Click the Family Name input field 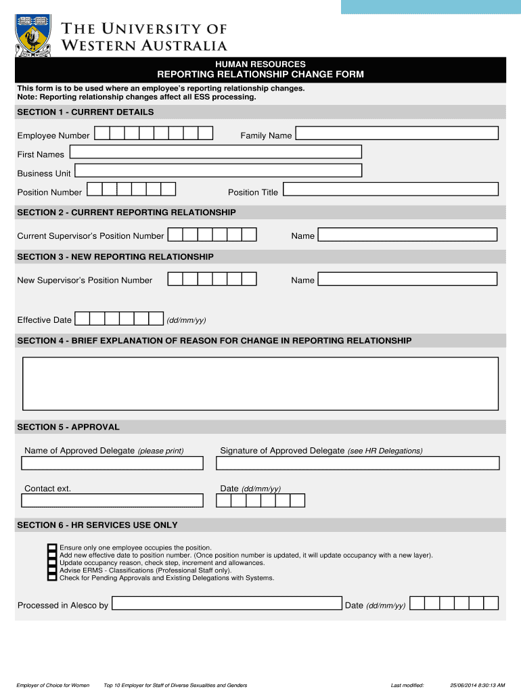click(x=397, y=133)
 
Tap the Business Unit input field click(x=218, y=171)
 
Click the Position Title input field click(x=390, y=189)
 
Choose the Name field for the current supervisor click(x=407, y=234)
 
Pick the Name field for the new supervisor click(x=407, y=279)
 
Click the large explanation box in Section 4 click(x=260, y=383)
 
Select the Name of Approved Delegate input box click(x=112, y=464)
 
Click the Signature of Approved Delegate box click(x=357, y=464)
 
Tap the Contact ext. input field click(x=112, y=501)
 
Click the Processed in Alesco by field click(x=226, y=603)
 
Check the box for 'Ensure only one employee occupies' click(x=52, y=547)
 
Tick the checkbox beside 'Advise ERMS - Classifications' click(x=52, y=570)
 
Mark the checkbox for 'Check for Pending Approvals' click(x=52, y=578)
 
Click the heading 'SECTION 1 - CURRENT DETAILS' click(x=85, y=112)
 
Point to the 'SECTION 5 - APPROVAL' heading click(x=68, y=427)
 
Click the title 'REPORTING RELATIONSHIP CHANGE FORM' click(x=260, y=74)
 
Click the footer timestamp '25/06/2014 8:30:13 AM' click(x=477, y=685)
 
